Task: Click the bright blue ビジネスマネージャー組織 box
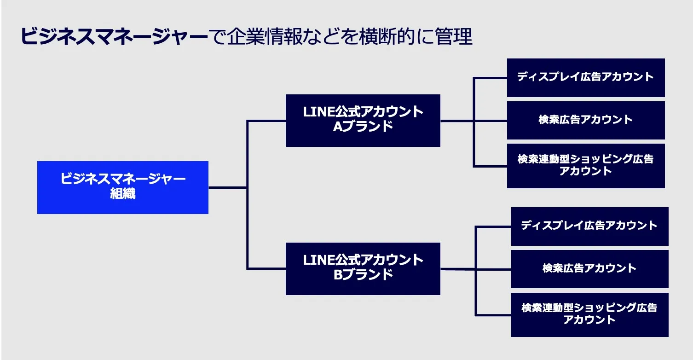click(122, 187)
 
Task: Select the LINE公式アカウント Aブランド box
click(363, 120)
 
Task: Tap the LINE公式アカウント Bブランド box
click(363, 268)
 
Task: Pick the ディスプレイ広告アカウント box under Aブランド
click(585, 77)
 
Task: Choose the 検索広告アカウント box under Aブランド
click(585, 120)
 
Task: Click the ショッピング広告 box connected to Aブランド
click(585, 166)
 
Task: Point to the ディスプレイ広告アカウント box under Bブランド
click(589, 226)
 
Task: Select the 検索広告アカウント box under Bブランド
click(589, 269)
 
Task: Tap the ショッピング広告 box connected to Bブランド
click(589, 314)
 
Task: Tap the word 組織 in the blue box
click(123, 194)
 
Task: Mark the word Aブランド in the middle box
click(363, 127)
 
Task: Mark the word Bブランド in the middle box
click(363, 275)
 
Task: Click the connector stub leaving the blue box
click(227, 187)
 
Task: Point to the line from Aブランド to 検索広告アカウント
click(490, 121)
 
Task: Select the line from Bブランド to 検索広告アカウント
click(492, 269)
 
